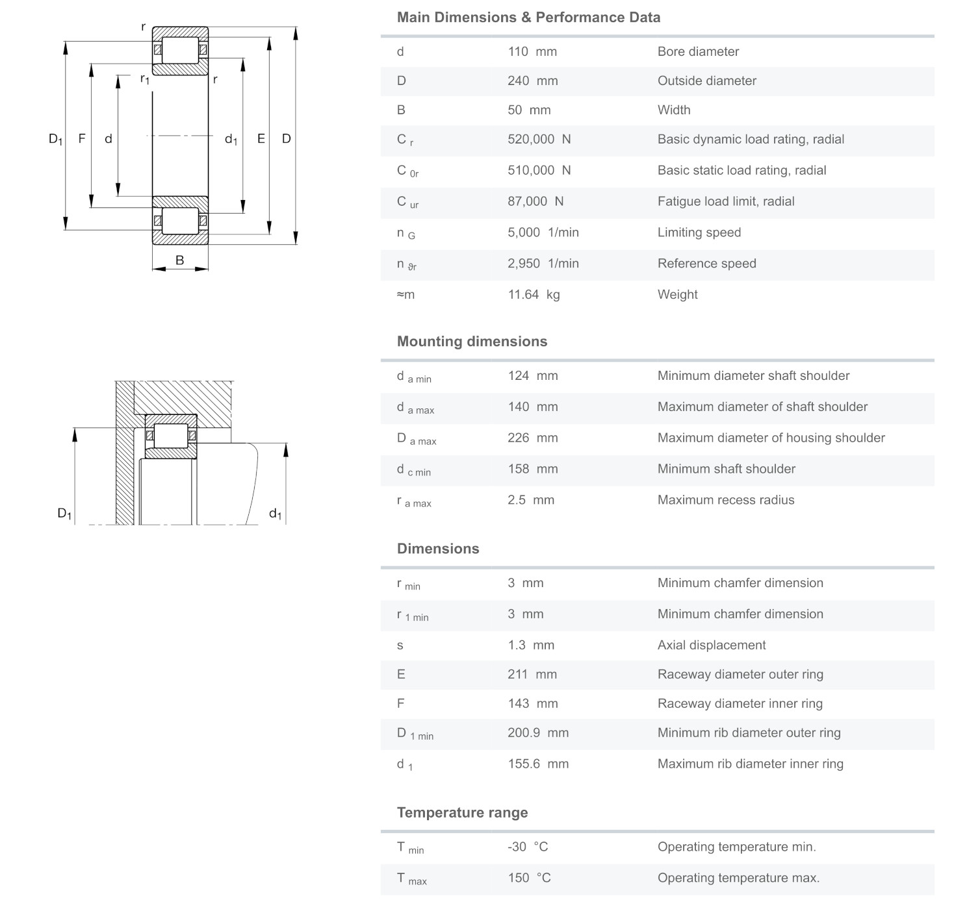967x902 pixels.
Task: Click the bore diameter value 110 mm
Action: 532,52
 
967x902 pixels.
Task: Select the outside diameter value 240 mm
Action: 532,81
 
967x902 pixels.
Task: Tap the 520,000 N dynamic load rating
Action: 539,140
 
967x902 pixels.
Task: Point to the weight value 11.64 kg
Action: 534,295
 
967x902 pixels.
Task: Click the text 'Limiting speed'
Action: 699,232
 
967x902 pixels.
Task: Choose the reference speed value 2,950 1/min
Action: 543,264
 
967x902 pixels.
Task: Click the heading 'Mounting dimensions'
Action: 472,342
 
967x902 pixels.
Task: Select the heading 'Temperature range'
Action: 462,813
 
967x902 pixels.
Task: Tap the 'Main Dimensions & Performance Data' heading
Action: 528,18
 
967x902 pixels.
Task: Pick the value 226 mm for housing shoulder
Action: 532,438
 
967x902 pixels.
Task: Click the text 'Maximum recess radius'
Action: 725,500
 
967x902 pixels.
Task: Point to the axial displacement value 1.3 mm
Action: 531,645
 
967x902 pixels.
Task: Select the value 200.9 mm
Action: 537,733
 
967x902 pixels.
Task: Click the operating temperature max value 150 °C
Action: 529,879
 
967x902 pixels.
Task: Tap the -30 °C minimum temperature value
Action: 528,847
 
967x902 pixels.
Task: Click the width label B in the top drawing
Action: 179,260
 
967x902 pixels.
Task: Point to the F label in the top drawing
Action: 82,138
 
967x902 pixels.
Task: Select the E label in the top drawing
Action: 261,138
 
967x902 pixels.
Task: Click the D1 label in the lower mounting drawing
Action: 64,514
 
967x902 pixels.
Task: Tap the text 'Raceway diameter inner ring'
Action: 740,704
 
